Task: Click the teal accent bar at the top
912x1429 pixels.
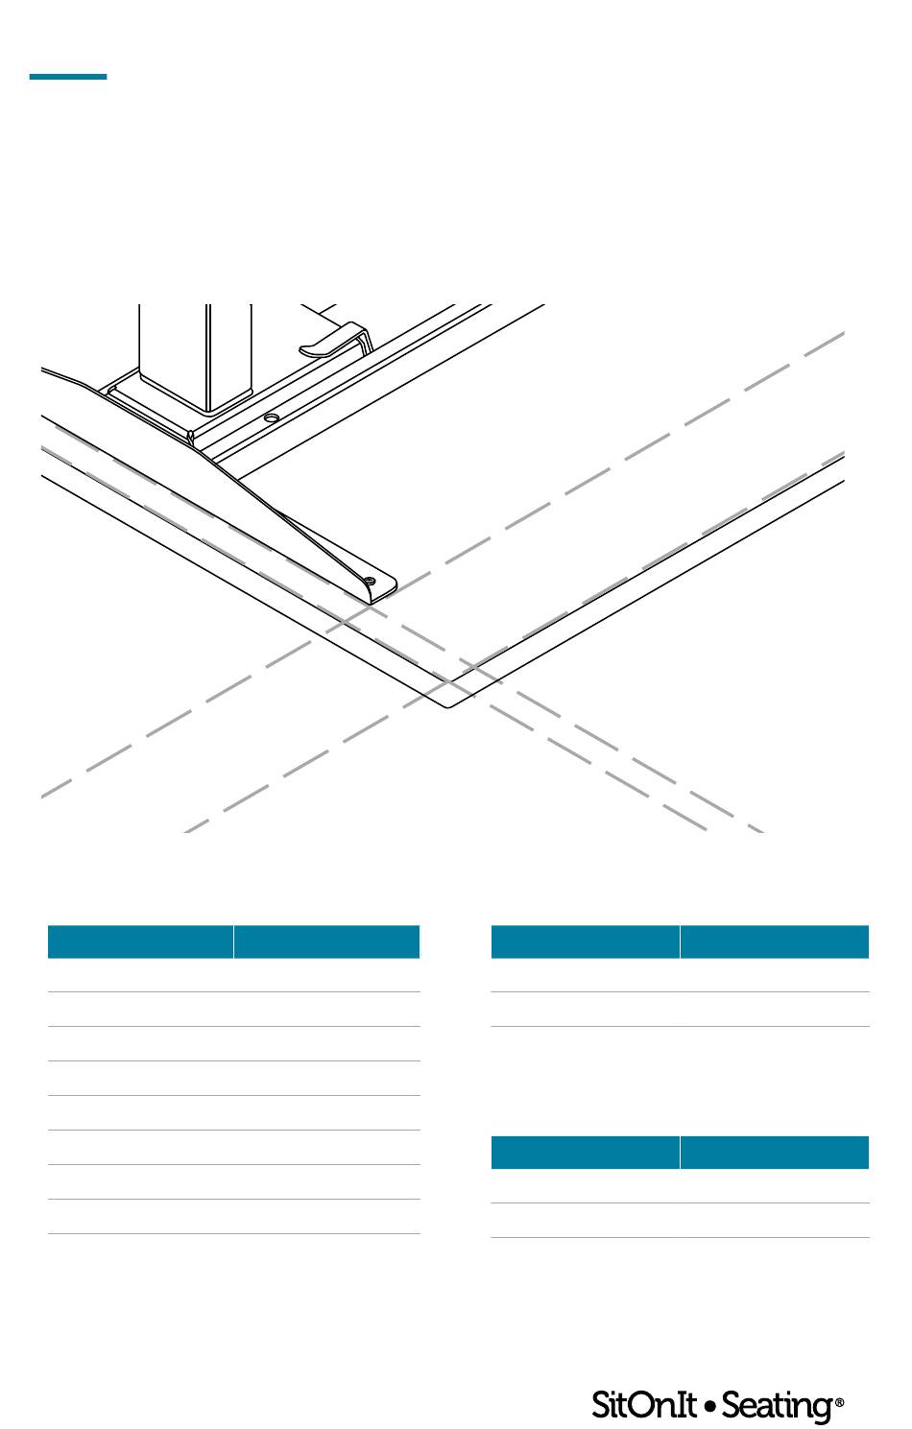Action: [67, 77]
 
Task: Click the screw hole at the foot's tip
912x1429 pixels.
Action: [370, 580]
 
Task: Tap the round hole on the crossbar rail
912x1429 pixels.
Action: [272, 418]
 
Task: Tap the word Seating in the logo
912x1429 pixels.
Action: [777, 1406]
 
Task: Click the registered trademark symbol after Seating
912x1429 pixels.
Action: [839, 1402]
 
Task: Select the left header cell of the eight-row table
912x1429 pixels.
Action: [140, 941]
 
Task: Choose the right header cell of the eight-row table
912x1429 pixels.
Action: [326, 941]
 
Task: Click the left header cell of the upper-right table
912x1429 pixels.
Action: [585, 941]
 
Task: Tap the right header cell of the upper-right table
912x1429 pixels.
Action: [775, 941]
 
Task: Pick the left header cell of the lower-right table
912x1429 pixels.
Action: [585, 1153]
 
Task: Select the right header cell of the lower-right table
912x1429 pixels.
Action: [775, 1153]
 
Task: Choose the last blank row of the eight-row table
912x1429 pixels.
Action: [233, 1217]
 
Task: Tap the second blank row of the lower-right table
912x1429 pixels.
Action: [680, 1221]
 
